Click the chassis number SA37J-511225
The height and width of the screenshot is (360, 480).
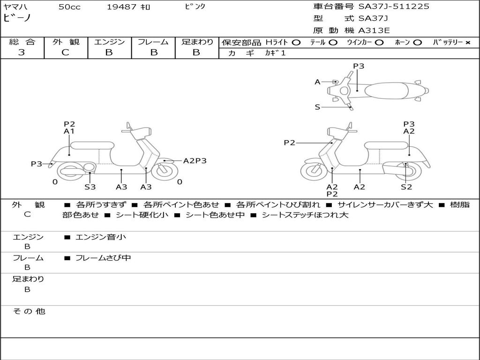tap(394, 7)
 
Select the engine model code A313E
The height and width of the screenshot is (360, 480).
tap(374, 31)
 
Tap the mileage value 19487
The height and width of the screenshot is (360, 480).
tap(121, 7)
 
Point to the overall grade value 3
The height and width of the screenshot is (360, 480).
tap(22, 52)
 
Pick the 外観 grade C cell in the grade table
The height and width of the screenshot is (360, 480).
tap(66, 52)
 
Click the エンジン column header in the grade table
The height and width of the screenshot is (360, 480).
tap(109, 42)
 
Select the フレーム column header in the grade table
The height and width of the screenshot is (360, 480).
tap(153, 42)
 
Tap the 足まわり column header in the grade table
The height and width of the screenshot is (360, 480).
tap(197, 42)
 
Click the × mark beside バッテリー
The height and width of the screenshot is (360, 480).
tap(468, 43)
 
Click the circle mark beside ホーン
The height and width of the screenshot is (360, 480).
tap(417, 43)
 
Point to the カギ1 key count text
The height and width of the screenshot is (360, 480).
tap(275, 53)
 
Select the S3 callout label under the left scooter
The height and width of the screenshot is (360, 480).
tap(90, 187)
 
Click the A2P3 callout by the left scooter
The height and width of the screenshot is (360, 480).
tap(195, 161)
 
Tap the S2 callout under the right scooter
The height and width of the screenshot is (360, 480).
tap(406, 187)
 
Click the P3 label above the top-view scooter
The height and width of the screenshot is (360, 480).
tap(359, 66)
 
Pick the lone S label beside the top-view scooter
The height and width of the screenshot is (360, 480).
tap(317, 107)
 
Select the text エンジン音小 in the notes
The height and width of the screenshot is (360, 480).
tap(100, 237)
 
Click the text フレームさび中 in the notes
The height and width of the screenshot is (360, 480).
tap(103, 258)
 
